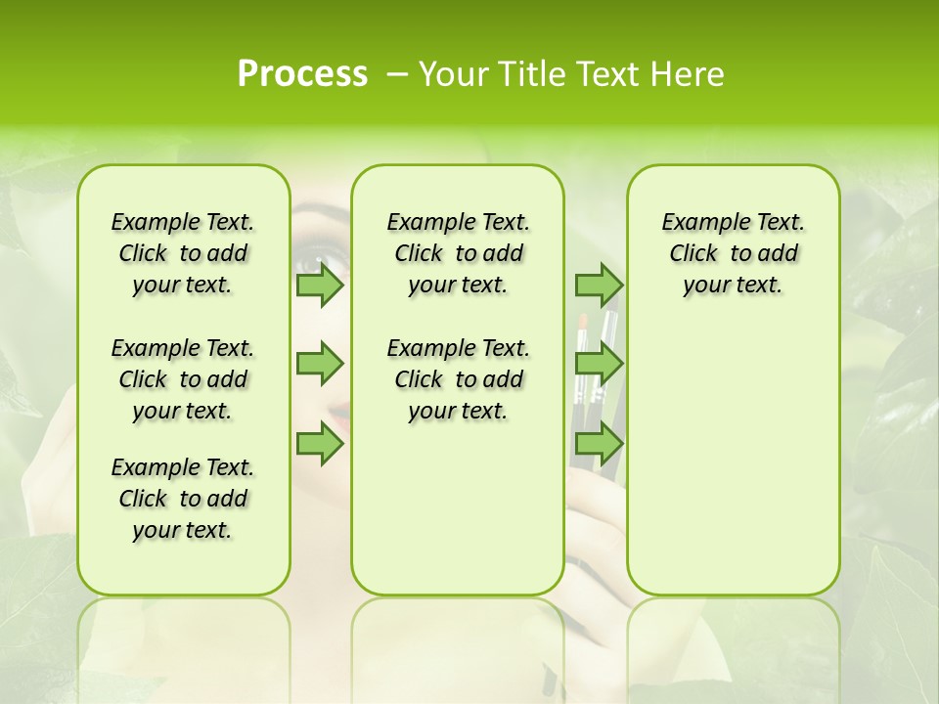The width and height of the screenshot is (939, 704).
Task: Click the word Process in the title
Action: (x=302, y=74)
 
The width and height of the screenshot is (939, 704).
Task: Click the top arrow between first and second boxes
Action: (x=319, y=286)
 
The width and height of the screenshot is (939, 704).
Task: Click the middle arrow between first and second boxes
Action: (x=319, y=364)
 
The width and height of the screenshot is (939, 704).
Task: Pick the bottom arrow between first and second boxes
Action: (x=319, y=444)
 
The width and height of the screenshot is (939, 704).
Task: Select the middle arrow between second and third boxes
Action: (x=599, y=364)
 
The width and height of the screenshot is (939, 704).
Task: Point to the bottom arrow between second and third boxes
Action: (x=599, y=444)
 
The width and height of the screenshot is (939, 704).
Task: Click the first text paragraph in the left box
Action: (x=183, y=253)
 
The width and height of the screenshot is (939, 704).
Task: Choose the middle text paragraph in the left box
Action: (x=183, y=379)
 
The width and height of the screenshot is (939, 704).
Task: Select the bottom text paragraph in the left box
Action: (x=183, y=499)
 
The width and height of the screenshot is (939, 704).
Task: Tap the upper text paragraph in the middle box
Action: (x=458, y=253)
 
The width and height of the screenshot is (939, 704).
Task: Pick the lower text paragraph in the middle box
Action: (x=458, y=379)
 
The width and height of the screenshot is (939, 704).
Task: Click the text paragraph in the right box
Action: (x=733, y=253)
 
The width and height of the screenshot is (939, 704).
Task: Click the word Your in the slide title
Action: (x=453, y=74)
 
